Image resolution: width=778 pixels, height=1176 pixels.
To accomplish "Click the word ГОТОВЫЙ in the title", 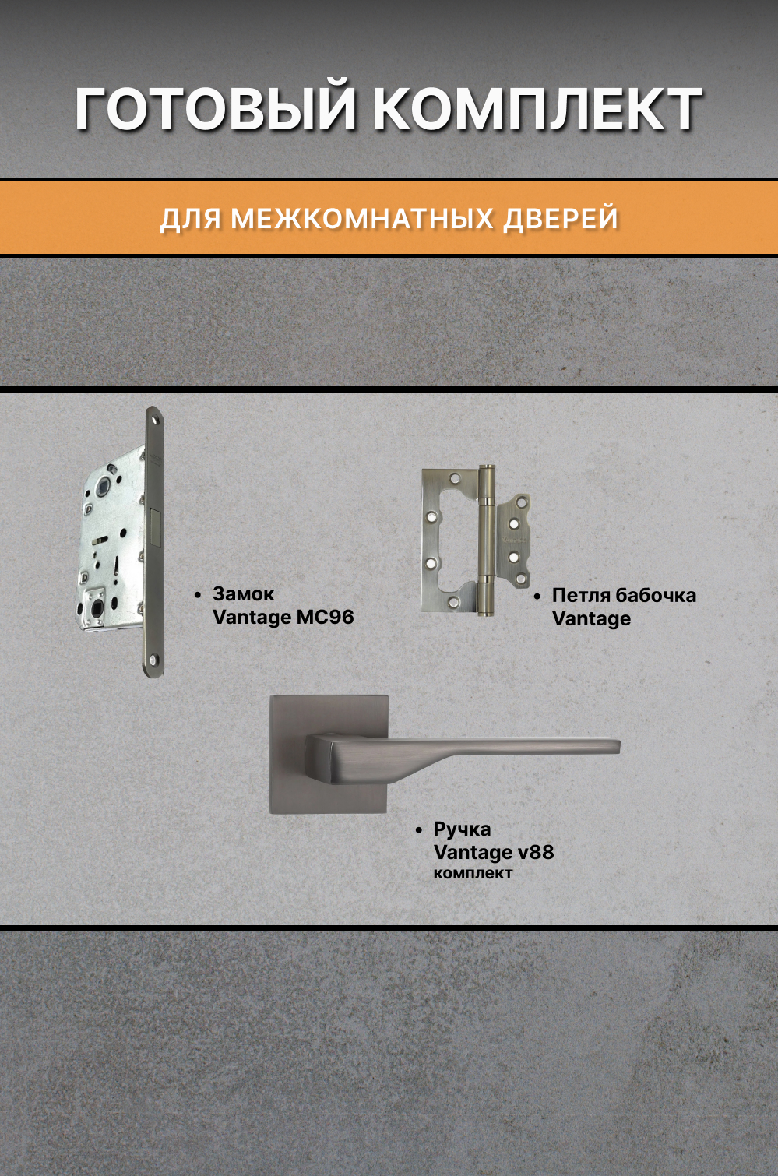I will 215,109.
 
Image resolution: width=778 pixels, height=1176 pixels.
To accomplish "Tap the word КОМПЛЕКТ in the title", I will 537,109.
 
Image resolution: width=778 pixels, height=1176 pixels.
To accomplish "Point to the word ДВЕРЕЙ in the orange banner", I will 561,219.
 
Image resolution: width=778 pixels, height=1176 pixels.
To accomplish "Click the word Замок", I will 243,594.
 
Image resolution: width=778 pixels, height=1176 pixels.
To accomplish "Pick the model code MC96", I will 325,618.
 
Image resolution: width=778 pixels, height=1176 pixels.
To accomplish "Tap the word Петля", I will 580,596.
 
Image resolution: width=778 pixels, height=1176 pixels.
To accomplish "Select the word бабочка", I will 656,596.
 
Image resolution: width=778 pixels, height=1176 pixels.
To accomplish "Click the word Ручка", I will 462,829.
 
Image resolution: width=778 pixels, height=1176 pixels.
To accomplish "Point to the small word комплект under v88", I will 473,874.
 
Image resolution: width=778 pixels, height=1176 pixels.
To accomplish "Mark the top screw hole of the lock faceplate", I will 154,421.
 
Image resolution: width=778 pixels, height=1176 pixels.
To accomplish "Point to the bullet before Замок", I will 198,595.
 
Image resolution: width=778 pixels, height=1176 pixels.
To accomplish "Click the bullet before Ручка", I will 419,830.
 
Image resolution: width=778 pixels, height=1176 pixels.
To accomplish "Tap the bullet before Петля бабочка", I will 537,597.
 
